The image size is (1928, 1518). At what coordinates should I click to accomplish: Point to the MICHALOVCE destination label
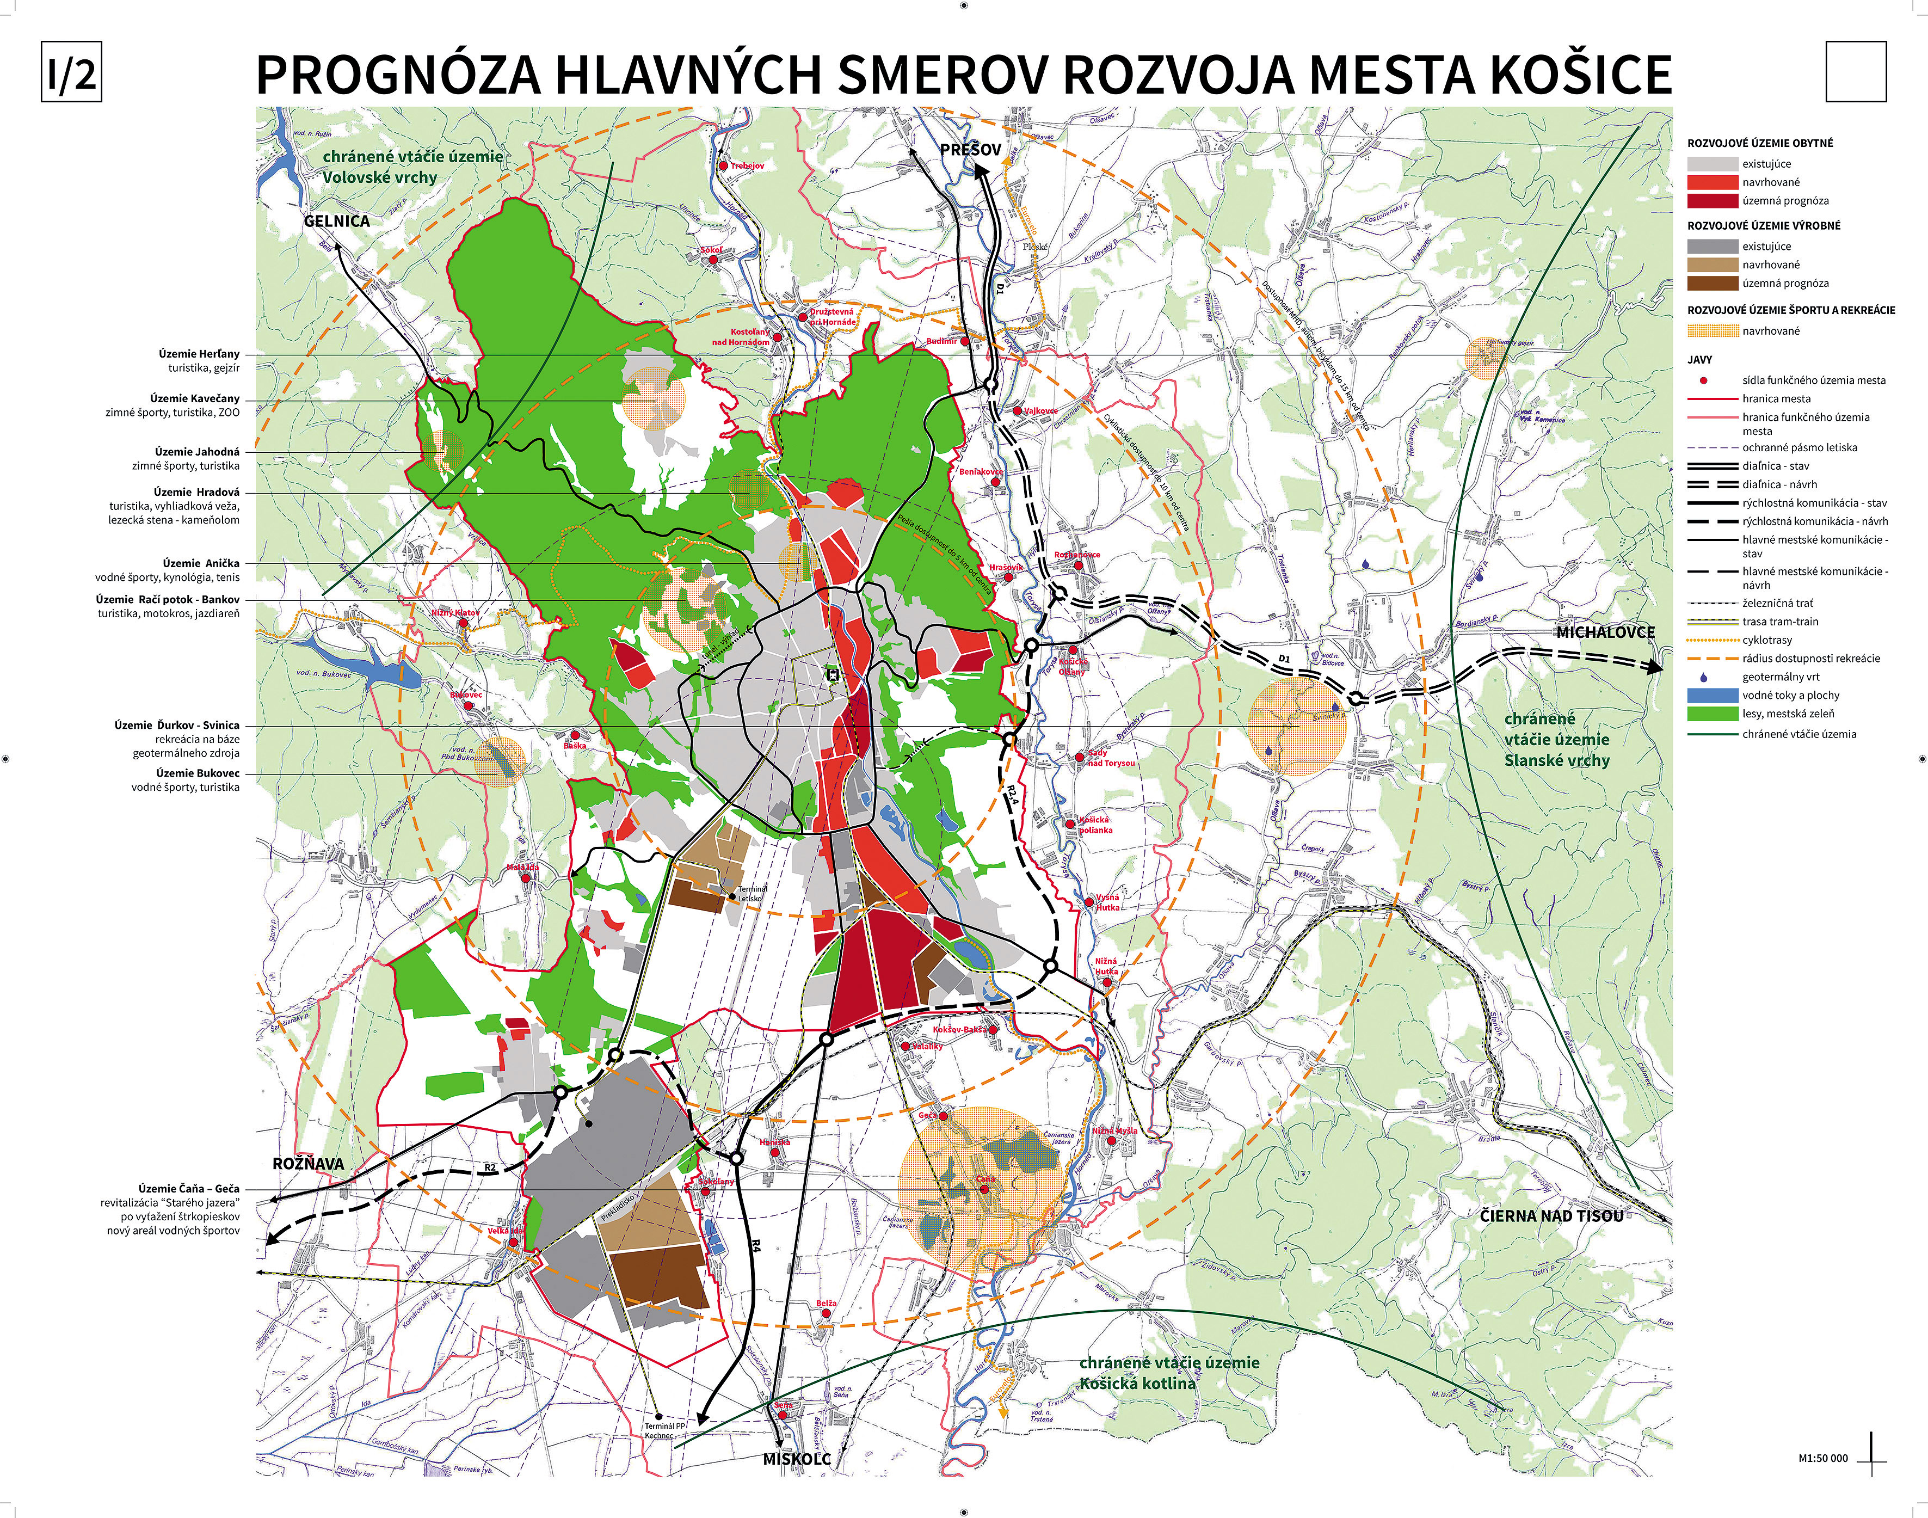click(1605, 632)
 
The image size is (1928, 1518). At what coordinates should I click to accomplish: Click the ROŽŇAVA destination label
click(307, 1163)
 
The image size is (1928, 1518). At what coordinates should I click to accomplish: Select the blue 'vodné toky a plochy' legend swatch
click(1711, 695)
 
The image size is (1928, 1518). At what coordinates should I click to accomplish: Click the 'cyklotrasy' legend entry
click(1766, 640)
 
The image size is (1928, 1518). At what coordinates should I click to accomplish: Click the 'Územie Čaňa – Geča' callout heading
click(188, 1188)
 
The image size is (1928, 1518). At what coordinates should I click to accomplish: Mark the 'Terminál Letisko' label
click(751, 893)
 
